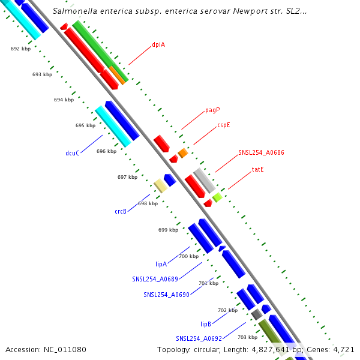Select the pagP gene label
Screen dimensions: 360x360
212,110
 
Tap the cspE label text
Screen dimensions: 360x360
224,125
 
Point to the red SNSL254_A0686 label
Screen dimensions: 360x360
261,152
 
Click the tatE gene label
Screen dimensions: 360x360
258,169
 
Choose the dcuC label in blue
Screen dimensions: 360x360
73,153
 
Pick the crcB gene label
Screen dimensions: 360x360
121,211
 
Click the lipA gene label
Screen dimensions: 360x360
161,263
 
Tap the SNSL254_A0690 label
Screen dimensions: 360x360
166,295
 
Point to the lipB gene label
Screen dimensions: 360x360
206,323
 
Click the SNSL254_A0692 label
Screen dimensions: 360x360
199,338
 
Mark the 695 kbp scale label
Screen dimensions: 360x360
85,125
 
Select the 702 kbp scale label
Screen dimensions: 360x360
227,310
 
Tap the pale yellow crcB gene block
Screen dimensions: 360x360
160,185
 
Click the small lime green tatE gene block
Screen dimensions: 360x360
217,197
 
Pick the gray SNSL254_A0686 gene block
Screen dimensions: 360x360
204,180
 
